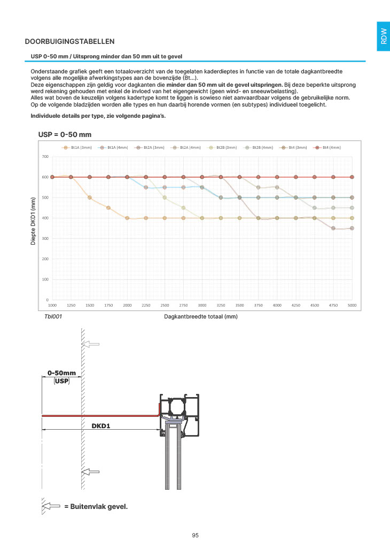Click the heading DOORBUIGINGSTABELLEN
(x=70, y=41)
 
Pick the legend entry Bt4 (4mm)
(x=329, y=147)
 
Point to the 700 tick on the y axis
(x=45, y=156)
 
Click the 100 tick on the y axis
(x=45, y=279)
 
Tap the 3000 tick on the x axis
(x=202, y=305)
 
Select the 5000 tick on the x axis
(x=352, y=305)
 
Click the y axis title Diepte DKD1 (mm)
(x=33, y=221)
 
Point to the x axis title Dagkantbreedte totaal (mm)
(x=201, y=317)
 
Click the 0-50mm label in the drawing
(x=62, y=372)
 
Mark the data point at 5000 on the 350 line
(x=352, y=229)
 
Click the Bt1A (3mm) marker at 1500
(x=90, y=197)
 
